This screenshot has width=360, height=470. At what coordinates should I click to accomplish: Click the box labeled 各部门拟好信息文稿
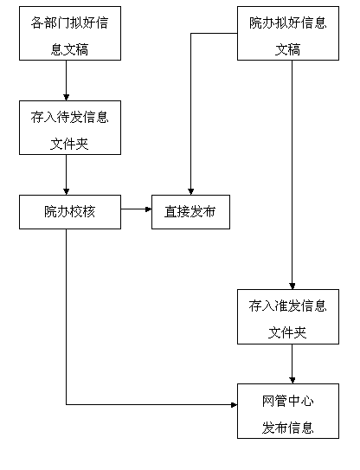point(70,33)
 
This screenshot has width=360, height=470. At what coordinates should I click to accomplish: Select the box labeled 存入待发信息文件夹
point(70,128)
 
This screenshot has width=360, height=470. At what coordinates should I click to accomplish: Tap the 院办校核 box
point(70,212)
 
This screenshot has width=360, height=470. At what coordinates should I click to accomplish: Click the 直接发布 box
point(190,212)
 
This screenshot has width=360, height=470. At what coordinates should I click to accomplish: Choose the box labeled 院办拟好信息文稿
point(288,33)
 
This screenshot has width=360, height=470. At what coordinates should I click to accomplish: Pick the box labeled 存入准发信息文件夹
point(288,317)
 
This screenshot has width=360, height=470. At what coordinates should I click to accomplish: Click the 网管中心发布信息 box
point(288,411)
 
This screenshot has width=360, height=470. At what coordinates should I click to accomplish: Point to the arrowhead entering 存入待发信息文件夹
point(67,98)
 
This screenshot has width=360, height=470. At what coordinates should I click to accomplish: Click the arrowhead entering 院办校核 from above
point(67,192)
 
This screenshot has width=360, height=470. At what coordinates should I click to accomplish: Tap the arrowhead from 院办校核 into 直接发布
point(148,209)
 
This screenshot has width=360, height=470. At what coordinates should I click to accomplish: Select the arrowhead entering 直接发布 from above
point(191,192)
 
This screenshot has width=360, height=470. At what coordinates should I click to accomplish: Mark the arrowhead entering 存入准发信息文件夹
point(292,287)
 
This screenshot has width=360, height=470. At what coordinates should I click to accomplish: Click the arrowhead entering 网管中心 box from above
point(292,381)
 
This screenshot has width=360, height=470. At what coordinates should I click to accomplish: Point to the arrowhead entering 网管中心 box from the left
point(235,405)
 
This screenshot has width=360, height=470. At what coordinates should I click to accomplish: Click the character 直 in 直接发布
point(170,212)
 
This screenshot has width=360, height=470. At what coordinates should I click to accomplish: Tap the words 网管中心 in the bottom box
point(288,401)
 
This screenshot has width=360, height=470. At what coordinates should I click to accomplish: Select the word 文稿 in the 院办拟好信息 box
point(288,49)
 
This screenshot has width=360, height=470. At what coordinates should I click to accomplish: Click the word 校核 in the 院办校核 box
point(83,212)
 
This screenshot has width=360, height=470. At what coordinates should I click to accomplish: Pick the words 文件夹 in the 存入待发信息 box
point(69,144)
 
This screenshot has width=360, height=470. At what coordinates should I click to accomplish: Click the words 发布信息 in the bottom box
point(288,428)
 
